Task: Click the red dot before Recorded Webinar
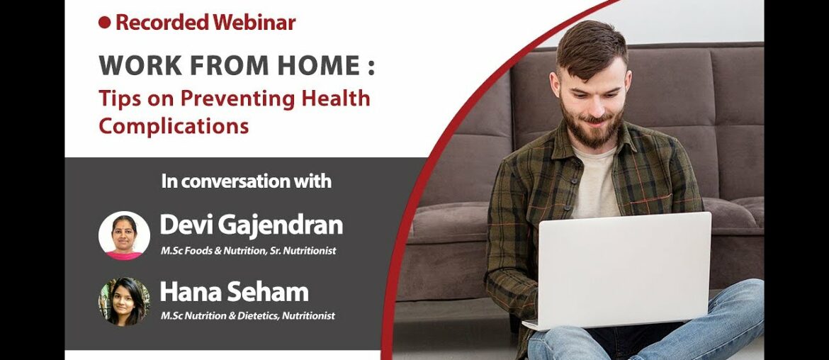pos(105,23)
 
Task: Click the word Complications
pos(174,126)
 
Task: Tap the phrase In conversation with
pos(246,181)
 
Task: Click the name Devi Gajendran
pos(251,225)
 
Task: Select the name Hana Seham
pos(234,292)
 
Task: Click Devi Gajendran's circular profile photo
pos(124,236)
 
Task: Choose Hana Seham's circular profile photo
pos(124,301)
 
